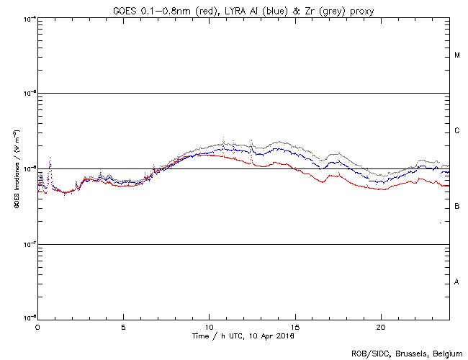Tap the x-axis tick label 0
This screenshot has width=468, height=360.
tap(37, 326)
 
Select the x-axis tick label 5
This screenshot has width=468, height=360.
tap(123, 326)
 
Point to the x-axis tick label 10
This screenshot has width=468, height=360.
tap(209, 326)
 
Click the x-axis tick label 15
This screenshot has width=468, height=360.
tap(294, 326)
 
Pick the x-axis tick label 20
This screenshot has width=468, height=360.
tap(380, 326)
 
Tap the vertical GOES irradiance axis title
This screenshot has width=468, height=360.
tap(16, 168)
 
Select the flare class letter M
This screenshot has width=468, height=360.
tap(457, 55)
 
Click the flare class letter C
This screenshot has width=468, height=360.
tap(457, 131)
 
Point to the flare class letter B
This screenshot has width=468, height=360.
tap(457, 207)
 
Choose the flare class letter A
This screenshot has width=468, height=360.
tap(457, 282)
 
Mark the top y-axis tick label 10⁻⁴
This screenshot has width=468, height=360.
tap(30, 18)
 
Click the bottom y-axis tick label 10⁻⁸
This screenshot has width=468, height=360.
tap(30, 318)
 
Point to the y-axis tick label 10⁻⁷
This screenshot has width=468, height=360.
tap(30, 243)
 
